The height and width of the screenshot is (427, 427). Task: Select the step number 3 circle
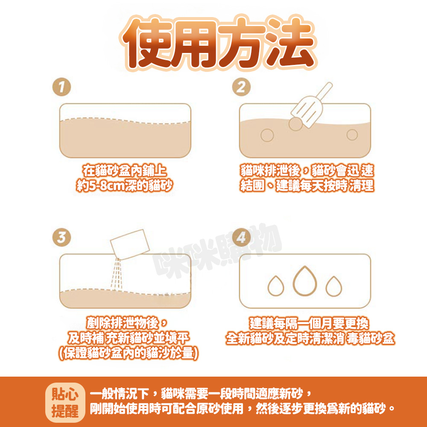tap(61, 237)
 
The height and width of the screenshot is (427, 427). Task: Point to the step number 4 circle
tap(241, 237)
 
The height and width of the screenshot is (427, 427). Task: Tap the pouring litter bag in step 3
tap(130, 244)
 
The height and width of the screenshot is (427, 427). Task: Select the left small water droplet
tap(276, 286)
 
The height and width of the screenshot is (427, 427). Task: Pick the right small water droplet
tap(334, 286)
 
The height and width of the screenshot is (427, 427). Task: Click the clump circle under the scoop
tap(295, 124)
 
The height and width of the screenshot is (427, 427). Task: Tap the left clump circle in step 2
tap(267, 135)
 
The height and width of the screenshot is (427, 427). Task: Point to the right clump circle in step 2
tap(352, 135)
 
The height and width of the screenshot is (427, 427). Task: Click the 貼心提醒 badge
tap(65, 403)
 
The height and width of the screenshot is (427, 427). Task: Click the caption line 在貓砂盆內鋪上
tap(124, 171)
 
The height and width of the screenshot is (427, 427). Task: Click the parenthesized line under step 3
tap(128, 354)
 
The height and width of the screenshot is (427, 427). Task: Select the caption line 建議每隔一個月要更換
tap(309, 323)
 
